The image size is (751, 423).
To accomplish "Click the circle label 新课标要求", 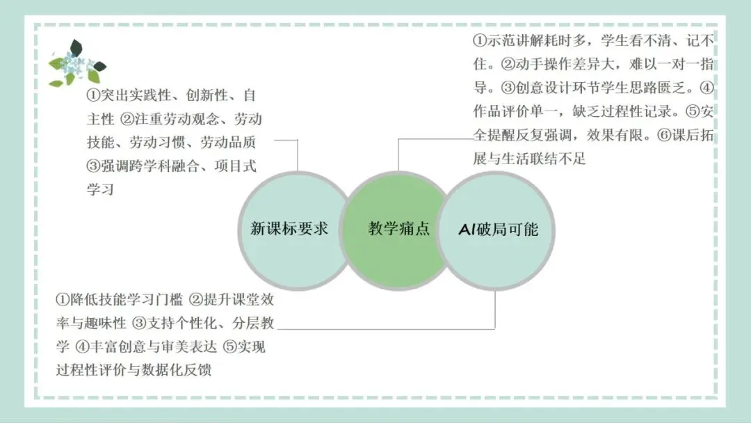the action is [x=289, y=229].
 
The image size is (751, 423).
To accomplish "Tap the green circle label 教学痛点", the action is [x=398, y=229].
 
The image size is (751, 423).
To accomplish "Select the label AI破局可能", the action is [x=498, y=229].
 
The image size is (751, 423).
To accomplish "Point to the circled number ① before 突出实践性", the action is [x=92, y=95].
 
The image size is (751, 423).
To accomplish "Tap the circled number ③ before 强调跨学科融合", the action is [x=92, y=166].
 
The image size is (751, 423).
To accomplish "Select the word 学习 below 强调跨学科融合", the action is [x=99, y=190].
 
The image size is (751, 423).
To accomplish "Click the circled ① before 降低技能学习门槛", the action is [x=63, y=300].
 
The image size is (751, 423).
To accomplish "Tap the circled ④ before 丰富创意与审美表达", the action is [x=82, y=346].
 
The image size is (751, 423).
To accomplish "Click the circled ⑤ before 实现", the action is [x=229, y=346].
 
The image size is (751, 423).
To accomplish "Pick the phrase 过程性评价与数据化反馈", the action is [x=134, y=369].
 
